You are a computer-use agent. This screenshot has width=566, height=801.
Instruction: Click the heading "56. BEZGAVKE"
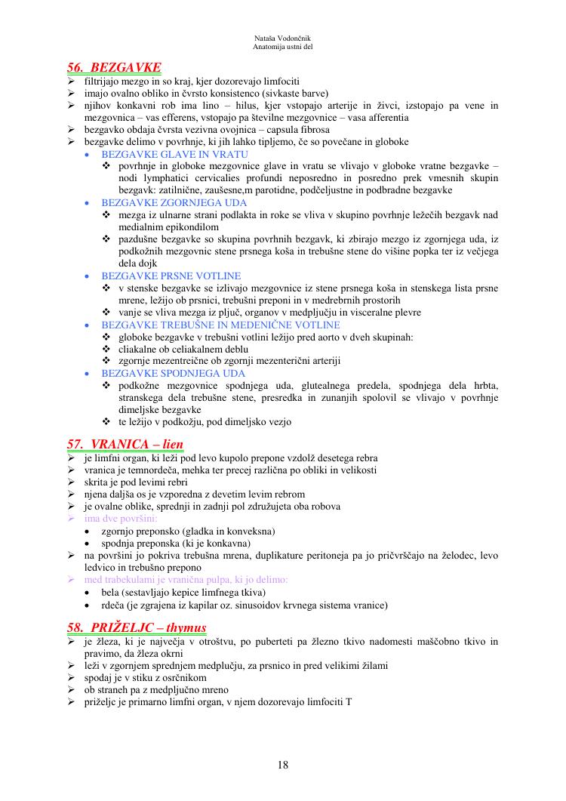point(114,67)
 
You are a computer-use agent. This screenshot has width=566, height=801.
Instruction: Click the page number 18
point(282,765)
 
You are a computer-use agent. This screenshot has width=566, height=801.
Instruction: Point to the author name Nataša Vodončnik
point(283,37)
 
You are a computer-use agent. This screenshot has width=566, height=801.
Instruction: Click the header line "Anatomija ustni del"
point(283,46)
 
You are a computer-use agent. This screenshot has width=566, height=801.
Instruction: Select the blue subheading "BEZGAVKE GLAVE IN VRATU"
point(174,154)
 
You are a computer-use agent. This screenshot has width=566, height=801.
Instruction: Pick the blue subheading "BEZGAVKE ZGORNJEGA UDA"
point(174,203)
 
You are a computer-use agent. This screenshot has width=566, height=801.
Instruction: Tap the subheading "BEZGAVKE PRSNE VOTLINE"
point(171,276)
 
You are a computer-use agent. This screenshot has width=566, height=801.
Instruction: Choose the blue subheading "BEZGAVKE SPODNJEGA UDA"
point(173,374)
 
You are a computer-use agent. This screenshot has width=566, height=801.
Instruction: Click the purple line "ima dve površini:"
point(121,519)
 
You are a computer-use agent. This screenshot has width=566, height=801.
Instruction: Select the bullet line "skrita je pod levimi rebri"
point(135,482)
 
